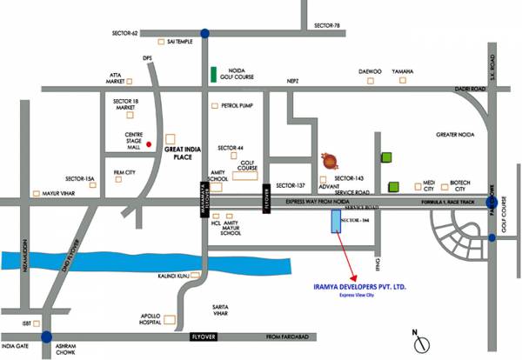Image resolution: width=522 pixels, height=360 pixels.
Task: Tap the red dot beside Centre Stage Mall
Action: [x=150, y=143]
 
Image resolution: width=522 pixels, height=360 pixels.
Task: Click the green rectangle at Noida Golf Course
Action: [x=212, y=73]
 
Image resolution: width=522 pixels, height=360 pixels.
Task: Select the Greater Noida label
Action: [x=458, y=136]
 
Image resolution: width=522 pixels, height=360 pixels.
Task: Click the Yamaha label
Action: [x=403, y=72]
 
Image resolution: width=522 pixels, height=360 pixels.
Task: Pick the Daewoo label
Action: [x=370, y=72]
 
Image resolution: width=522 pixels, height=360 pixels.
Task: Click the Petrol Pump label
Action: [x=238, y=106]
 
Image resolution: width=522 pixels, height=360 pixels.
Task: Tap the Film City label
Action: [x=125, y=173]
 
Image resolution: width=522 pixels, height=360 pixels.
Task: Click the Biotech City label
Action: [x=458, y=185]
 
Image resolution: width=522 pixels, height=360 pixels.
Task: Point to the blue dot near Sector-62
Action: [x=204, y=33]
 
